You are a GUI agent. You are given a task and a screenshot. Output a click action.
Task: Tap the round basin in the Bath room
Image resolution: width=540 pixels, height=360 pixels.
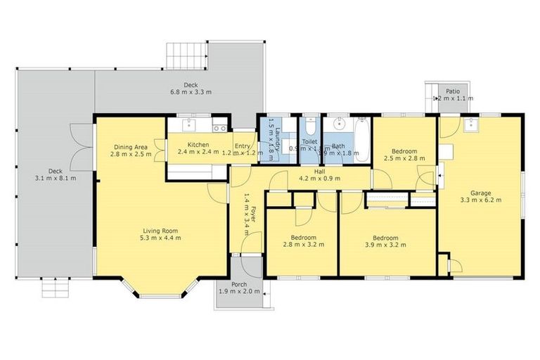pyautogui.click(x=339, y=127)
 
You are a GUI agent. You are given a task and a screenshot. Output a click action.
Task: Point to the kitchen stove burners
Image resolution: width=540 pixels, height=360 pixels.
pyautogui.click(x=219, y=128)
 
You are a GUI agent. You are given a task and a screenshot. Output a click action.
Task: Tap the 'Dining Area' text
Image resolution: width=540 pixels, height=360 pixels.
pyautogui.click(x=132, y=146)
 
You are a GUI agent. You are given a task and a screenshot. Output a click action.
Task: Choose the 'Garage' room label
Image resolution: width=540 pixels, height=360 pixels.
pyautogui.click(x=481, y=193)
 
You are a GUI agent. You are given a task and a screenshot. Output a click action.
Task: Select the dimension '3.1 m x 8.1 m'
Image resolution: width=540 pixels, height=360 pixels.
pyautogui.click(x=56, y=178)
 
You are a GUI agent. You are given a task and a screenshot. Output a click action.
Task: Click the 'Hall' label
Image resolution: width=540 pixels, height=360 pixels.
pyautogui.click(x=319, y=171)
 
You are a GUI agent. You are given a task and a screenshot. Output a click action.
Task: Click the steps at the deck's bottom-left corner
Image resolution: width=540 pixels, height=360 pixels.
pyautogui.click(x=58, y=287)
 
